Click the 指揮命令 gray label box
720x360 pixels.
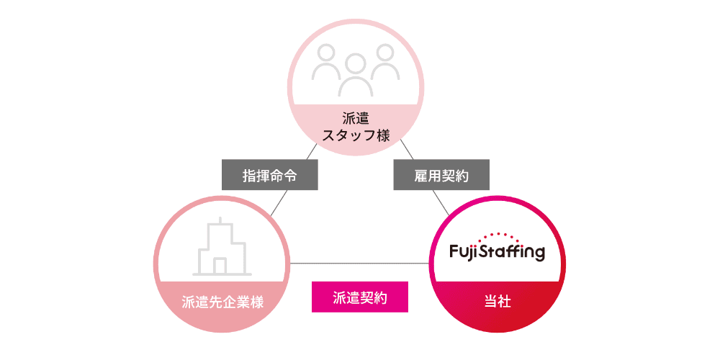click(269, 175)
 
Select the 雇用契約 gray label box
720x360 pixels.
click(441, 175)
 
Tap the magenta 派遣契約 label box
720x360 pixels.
click(360, 297)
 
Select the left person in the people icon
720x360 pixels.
click(327, 63)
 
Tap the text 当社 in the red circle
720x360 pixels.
click(497, 302)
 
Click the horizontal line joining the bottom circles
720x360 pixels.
click(360, 262)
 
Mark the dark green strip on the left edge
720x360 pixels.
click(72, 180)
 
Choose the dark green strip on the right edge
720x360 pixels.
click(647, 180)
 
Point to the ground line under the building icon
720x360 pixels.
click(222, 275)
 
